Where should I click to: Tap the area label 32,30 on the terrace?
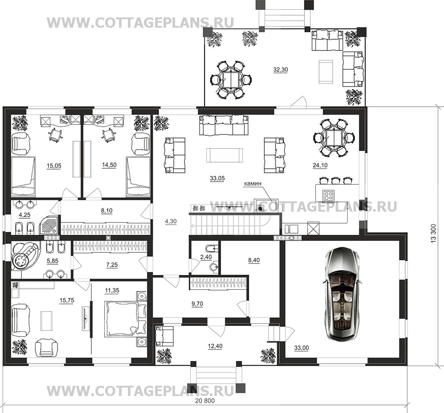(x=280, y=70)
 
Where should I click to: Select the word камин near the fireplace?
(x=253, y=184)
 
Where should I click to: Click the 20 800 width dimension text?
(x=205, y=401)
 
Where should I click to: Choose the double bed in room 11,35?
(x=125, y=319)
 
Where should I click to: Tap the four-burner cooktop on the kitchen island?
(x=329, y=195)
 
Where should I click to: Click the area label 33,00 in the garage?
(x=301, y=348)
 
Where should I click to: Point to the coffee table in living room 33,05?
(x=225, y=155)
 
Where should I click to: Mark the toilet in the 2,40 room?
(x=210, y=249)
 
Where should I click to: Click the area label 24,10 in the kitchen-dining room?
(x=320, y=165)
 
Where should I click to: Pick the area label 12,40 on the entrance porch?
(x=215, y=346)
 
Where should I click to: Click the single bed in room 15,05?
(x=23, y=176)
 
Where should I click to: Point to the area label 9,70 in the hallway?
(x=197, y=304)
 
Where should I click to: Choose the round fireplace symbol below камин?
(x=260, y=208)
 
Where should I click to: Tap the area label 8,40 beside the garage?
(x=254, y=260)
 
